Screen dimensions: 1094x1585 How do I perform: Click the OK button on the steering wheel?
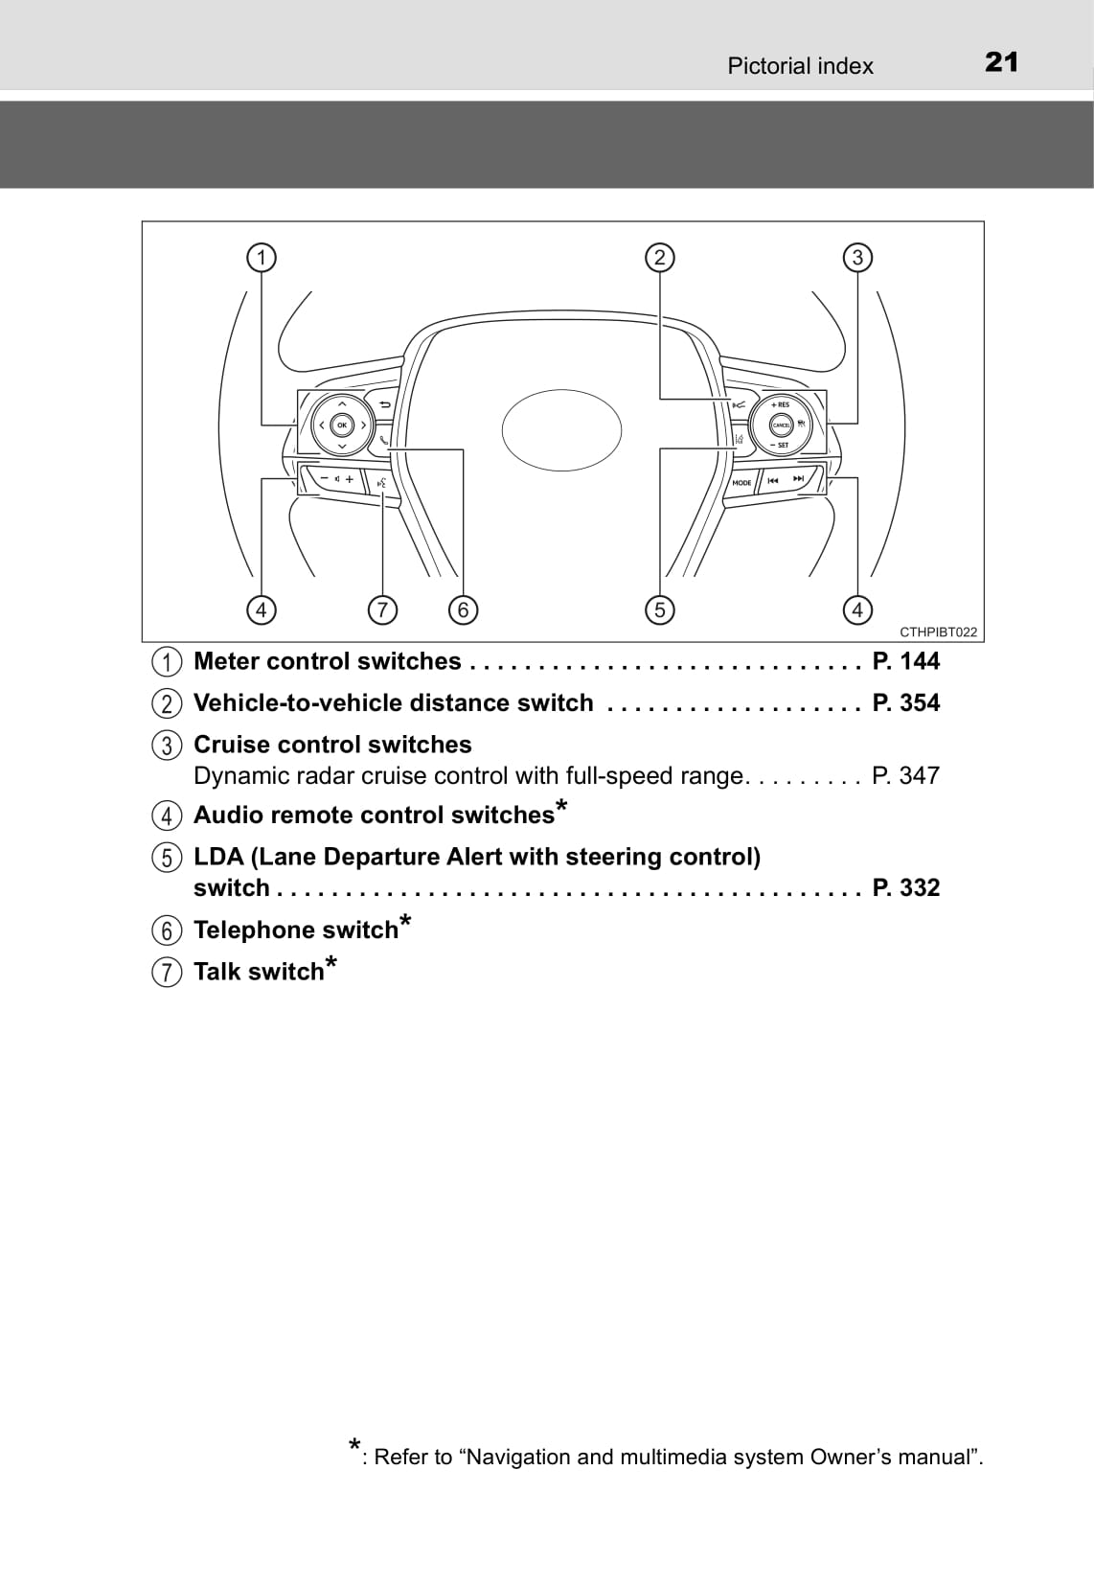[342, 425]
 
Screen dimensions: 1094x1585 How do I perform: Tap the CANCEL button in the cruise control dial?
[782, 425]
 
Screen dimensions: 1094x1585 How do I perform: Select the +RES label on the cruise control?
[780, 404]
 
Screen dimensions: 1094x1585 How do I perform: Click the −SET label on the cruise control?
[780, 445]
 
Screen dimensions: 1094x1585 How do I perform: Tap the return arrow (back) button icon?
[385, 404]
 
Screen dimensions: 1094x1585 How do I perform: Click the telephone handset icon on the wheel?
[383, 440]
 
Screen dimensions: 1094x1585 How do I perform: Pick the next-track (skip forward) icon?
[798, 479]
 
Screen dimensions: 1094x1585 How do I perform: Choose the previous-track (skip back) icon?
[773, 480]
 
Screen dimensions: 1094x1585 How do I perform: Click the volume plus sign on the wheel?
[350, 479]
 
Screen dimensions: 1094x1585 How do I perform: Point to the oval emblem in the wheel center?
[561, 430]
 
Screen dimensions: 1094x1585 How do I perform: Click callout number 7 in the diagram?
[382, 609]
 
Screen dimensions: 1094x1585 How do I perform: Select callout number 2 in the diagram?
[660, 257]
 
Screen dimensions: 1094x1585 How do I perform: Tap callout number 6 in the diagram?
[464, 609]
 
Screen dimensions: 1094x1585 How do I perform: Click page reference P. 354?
[906, 702]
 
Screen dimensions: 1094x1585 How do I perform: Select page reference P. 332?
[906, 887]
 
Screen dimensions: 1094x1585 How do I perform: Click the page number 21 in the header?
[1001, 62]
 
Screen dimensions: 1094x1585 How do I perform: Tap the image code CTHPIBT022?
[939, 632]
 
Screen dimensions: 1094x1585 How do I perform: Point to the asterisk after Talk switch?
[330, 964]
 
